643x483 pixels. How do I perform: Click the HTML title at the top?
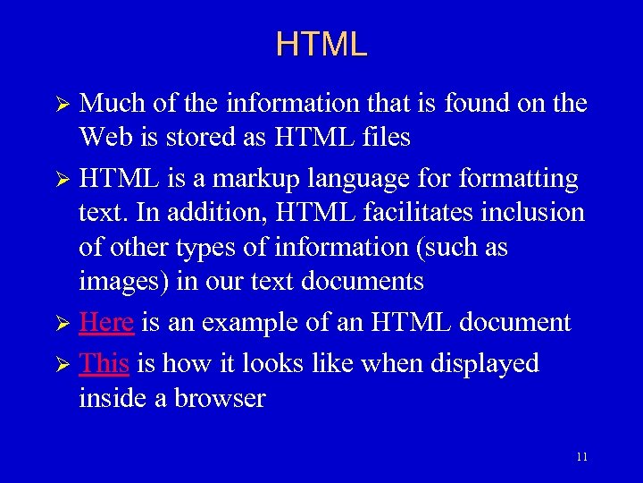tap(321, 44)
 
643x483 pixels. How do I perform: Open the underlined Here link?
tap(106, 322)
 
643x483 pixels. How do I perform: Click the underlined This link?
tap(104, 363)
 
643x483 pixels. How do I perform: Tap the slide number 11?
tap(582, 457)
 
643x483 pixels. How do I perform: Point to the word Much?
tap(113, 104)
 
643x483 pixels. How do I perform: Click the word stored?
tap(201, 138)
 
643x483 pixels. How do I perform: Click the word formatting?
tap(518, 179)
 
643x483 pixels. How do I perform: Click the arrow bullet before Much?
tap(63, 105)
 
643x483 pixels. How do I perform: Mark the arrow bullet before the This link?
tap(63, 364)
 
